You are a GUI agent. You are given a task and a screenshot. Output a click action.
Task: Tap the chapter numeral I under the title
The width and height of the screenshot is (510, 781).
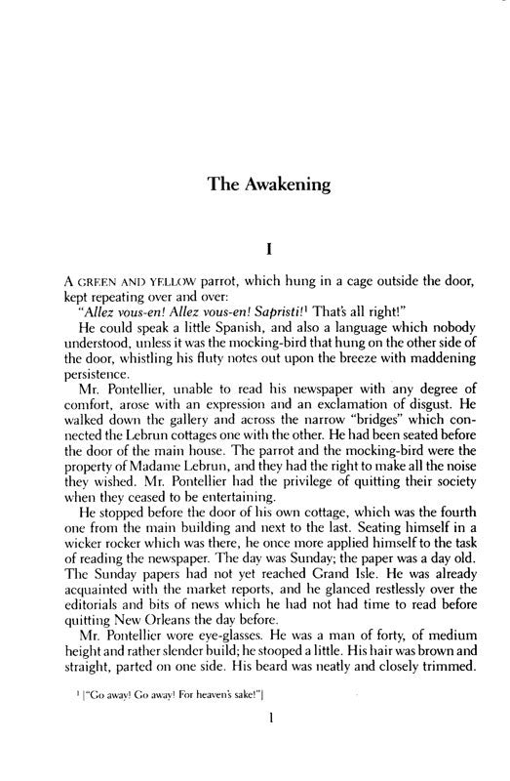(255, 235)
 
